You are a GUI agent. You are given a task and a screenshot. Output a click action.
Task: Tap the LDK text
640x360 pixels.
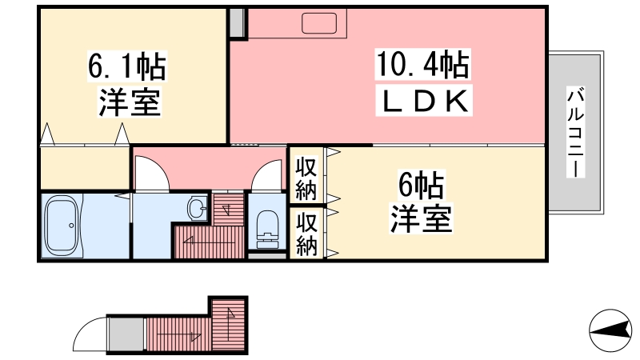[422, 102]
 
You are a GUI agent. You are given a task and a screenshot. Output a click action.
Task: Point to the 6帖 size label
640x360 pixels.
[422, 186]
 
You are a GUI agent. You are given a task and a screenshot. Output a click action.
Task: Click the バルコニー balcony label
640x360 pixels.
[574, 132]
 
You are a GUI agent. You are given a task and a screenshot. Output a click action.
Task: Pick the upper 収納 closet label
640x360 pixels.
[306, 179]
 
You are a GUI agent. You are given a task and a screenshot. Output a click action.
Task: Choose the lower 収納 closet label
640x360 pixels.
[306, 235]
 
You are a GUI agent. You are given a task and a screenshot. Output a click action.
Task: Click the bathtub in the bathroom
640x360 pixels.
[62, 226]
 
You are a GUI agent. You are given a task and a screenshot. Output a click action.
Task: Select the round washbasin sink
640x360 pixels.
[197, 210]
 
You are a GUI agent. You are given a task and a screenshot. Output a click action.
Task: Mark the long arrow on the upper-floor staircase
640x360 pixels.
[208, 239]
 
